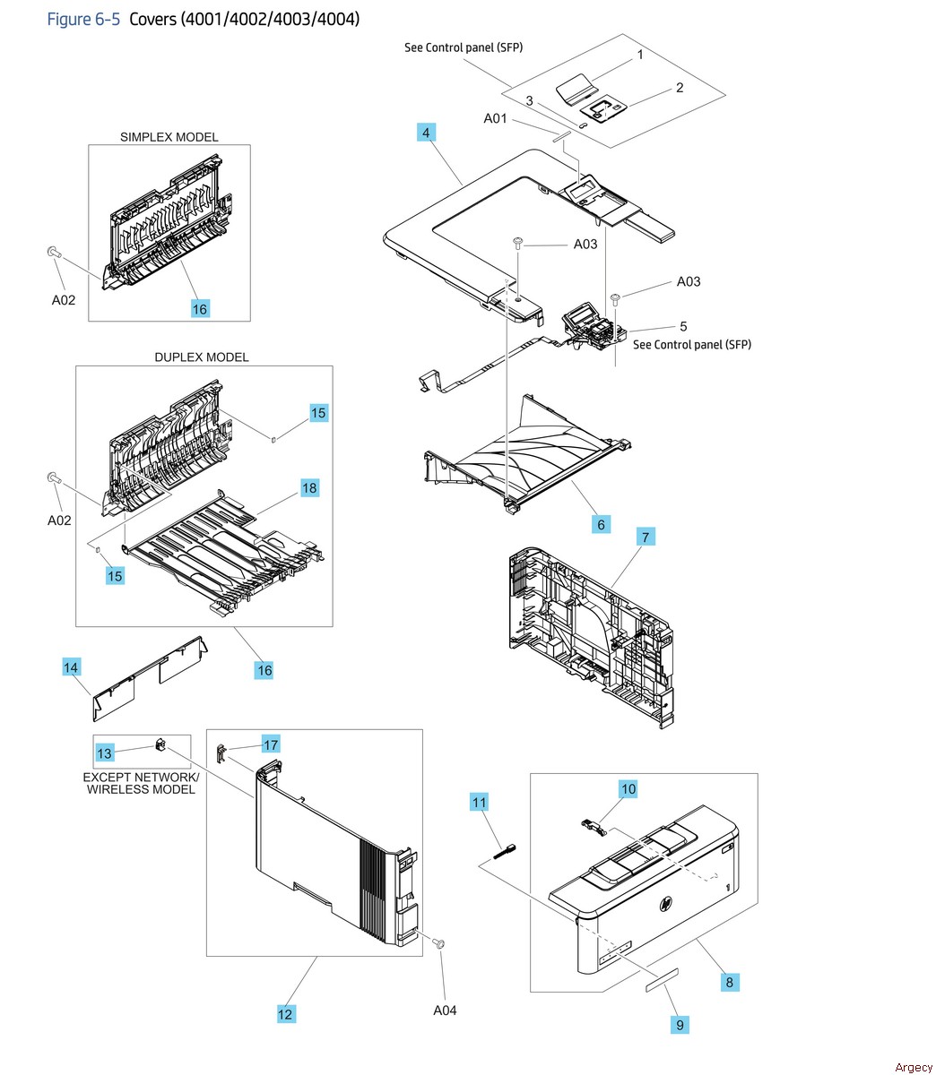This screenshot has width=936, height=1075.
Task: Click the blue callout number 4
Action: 426,133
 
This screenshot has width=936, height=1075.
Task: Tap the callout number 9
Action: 680,1024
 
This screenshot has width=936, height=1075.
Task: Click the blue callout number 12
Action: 285,1014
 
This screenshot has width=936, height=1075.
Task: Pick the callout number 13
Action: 105,753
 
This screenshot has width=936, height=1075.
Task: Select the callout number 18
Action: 309,488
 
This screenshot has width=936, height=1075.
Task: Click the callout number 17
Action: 271,744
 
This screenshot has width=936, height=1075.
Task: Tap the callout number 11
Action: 480,802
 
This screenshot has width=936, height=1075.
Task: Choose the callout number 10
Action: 628,788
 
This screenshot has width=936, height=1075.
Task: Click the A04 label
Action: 445,1010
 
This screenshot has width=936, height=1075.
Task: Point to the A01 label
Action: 496,118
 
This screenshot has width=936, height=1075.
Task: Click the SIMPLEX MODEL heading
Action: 169,137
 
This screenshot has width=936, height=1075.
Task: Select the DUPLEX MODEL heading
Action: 202,357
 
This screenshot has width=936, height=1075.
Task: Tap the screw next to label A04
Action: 439,943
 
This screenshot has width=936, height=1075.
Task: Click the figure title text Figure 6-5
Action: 82,19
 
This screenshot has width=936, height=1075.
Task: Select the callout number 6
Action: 601,525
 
